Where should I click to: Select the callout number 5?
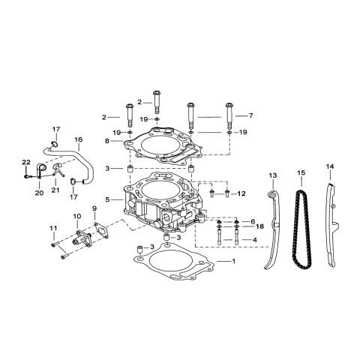pyautogui.click(x=109, y=199)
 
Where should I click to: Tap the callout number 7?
pyautogui.click(x=251, y=116)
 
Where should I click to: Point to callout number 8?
pyautogui.click(x=109, y=140)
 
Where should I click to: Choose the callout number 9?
pyautogui.click(x=94, y=208)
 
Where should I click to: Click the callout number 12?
pyautogui.click(x=241, y=194)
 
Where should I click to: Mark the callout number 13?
pyautogui.click(x=272, y=175)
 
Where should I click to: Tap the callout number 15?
pyautogui.click(x=301, y=174)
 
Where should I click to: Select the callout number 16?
pyautogui.click(x=77, y=139)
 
